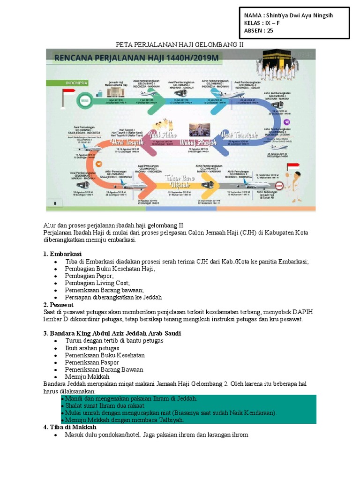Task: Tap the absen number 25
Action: point(270,31)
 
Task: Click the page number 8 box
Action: point(55,202)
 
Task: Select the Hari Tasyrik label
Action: point(123,141)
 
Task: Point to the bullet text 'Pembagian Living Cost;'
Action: point(97,283)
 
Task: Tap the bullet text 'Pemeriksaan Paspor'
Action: point(92,362)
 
